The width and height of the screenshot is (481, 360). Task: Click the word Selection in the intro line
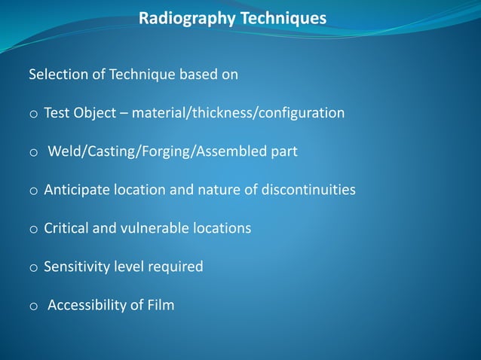57,75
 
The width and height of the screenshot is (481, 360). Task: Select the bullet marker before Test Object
33,114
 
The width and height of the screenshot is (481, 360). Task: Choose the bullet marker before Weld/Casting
33,153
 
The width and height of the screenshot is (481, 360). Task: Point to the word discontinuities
308,190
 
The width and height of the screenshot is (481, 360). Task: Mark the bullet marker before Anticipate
33,191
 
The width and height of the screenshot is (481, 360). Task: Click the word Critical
66,228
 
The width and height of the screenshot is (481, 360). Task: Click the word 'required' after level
179,267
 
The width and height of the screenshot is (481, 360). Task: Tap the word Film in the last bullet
159,305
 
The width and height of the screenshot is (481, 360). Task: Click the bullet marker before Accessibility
33,307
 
